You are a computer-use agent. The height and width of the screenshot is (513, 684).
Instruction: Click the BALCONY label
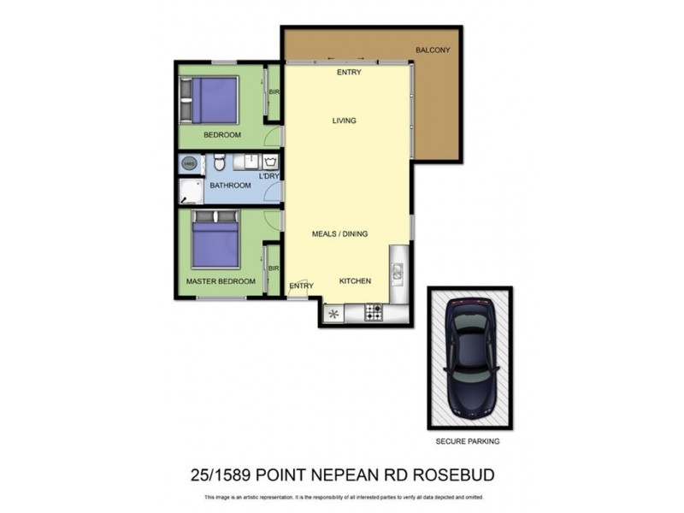pyautogui.click(x=433, y=50)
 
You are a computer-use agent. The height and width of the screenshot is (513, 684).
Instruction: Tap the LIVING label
pyautogui.click(x=344, y=121)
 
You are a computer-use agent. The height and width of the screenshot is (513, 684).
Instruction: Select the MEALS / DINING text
pyautogui.click(x=339, y=233)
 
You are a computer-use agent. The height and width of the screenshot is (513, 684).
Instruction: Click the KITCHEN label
pyautogui.click(x=355, y=281)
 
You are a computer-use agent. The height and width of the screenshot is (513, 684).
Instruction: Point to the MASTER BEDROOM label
pyautogui.click(x=221, y=281)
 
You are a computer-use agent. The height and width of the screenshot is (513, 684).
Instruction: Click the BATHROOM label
pyautogui.click(x=230, y=186)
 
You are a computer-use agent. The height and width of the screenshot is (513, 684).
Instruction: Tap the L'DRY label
pyautogui.click(x=269, y=176)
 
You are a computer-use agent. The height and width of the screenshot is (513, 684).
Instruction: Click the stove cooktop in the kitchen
pyautogui.click(x=374, y=313)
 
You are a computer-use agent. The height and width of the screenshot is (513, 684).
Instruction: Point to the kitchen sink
pyautogui.click(x=398, y=271)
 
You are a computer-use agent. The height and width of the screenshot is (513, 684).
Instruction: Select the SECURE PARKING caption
pyautogui.click(x=468, y=442)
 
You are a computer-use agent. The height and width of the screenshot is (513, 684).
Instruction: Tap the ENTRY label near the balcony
pyautogui.click(x=349, y=73)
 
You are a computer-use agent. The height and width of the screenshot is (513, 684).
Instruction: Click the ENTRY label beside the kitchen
pyautogui.click(x=300, y=286)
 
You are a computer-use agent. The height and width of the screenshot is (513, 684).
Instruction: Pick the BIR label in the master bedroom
pyautogui.click(x=274, y=268)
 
